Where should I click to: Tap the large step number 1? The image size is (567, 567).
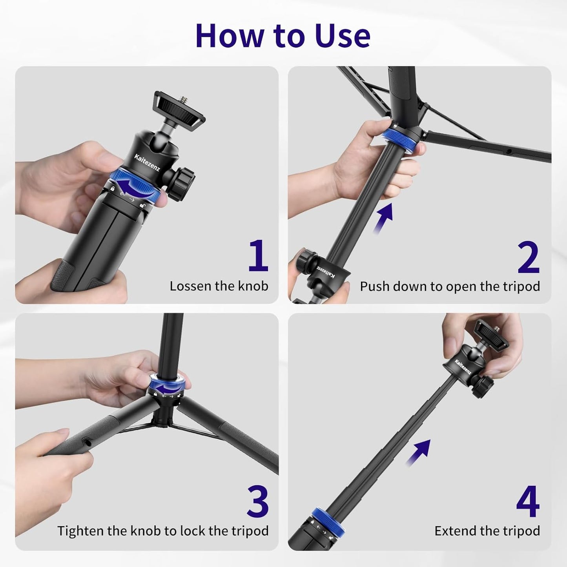258,256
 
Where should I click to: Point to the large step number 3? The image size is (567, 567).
257,502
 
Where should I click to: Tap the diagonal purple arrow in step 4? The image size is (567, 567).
418,452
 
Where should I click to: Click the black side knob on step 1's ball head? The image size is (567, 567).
182,181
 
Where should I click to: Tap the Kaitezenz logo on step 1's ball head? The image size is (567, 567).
147,162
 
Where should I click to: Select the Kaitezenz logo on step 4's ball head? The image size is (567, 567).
463,366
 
